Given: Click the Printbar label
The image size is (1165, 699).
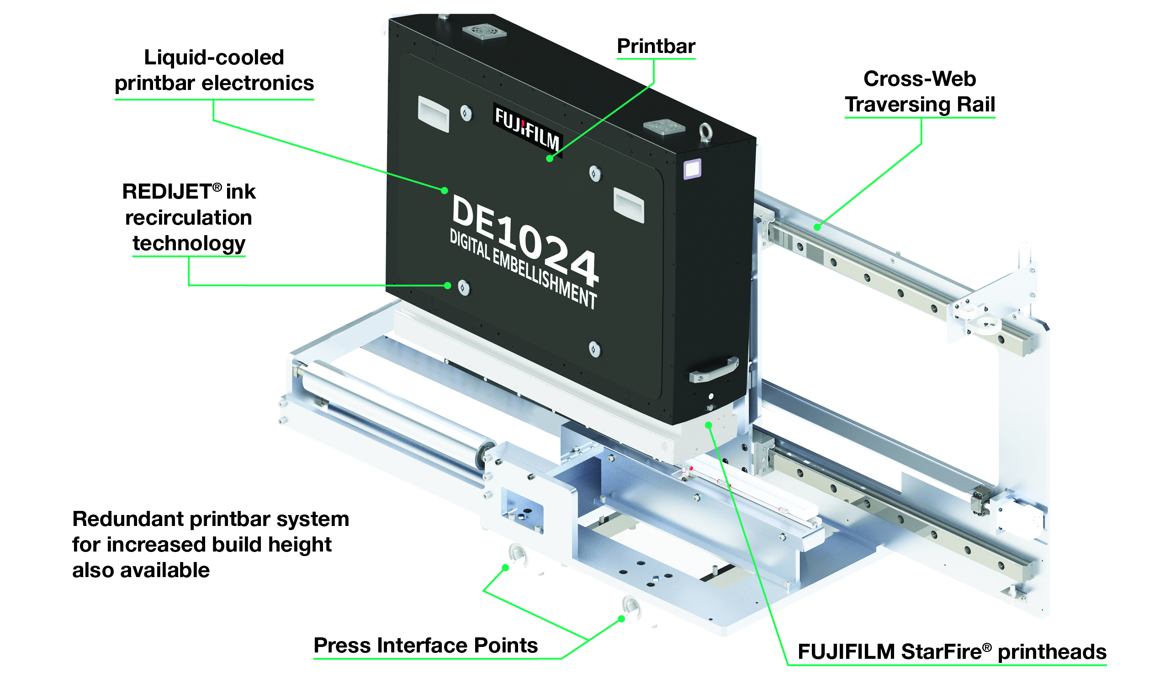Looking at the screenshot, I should tap(656, 46).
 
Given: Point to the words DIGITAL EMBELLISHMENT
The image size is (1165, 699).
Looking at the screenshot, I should tap(523, 268).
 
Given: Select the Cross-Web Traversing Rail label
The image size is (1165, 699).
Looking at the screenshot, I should tap(919, 91).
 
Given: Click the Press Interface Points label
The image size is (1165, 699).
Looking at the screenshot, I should tap(425, 645).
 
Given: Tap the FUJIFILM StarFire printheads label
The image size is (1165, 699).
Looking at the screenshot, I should tap(952, 652).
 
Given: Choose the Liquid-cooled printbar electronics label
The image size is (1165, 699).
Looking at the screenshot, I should tap(214, 70).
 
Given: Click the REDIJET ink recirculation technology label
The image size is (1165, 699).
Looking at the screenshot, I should tap(189, 217).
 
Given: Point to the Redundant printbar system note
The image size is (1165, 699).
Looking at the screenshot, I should tap(210, 544).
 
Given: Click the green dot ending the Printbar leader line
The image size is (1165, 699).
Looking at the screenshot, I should tap(550, 159).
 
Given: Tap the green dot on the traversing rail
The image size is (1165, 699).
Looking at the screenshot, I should tap(818, 227).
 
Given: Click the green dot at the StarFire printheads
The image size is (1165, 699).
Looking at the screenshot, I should tap(708, 426).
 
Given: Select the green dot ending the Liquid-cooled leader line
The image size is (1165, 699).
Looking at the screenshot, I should tap(444, 190).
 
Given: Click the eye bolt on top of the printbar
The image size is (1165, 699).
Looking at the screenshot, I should tap(706, 132).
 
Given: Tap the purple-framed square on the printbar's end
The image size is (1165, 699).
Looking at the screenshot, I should tap(692, 168).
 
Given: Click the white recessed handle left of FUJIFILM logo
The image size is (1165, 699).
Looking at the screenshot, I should tap(433, 114).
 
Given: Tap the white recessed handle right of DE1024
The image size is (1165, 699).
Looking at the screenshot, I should tap(629, 205).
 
